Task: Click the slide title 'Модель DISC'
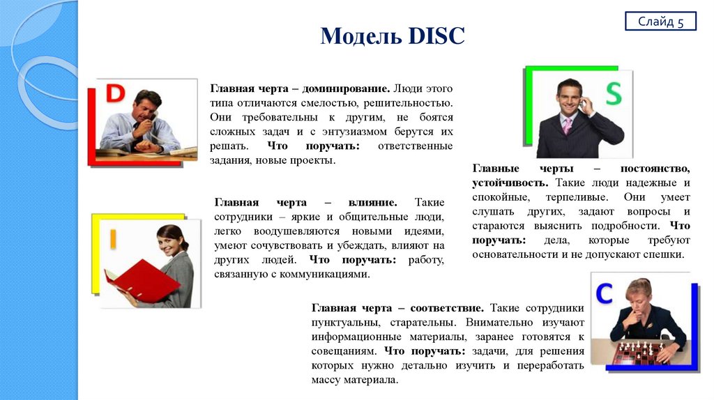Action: pos(392,36)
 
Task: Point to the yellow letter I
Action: pos(112,239)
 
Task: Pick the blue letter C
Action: pos(604,293)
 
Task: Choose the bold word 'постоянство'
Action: pos(657,169)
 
